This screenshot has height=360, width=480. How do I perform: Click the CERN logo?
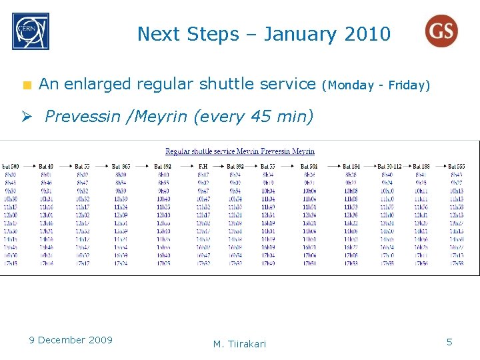30,32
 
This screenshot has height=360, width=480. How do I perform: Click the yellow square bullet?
27,85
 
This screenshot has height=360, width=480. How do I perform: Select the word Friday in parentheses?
409,85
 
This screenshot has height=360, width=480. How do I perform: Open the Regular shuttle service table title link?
240,151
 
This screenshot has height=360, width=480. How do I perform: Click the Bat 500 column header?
11,166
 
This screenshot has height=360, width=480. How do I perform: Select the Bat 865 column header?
121,166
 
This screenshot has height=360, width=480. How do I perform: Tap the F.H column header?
203,166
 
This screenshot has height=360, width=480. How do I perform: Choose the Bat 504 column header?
309,166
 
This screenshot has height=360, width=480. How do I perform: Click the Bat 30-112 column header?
389,166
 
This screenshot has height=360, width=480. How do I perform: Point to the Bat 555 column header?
457,166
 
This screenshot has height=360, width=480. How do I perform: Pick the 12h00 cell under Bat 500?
11,215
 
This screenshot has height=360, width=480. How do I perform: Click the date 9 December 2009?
71,340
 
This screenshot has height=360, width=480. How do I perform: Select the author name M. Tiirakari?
239,344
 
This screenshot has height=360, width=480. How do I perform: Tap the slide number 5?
449,342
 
